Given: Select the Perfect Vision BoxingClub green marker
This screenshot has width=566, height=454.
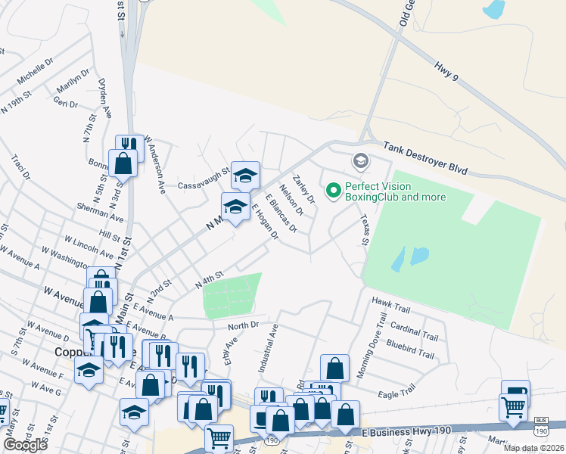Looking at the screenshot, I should click(x=332, y=191).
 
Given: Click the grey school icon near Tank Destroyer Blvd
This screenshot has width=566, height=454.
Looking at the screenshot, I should click(x=360, y=160).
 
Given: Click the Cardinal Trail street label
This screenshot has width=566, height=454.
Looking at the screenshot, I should click(x=413, y=331).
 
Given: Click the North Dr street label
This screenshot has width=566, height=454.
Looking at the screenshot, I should click(x=243, y=325).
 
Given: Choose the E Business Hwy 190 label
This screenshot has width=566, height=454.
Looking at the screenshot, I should click(x=406, y=431).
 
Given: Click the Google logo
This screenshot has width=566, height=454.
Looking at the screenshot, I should click(x=26, y=445).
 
